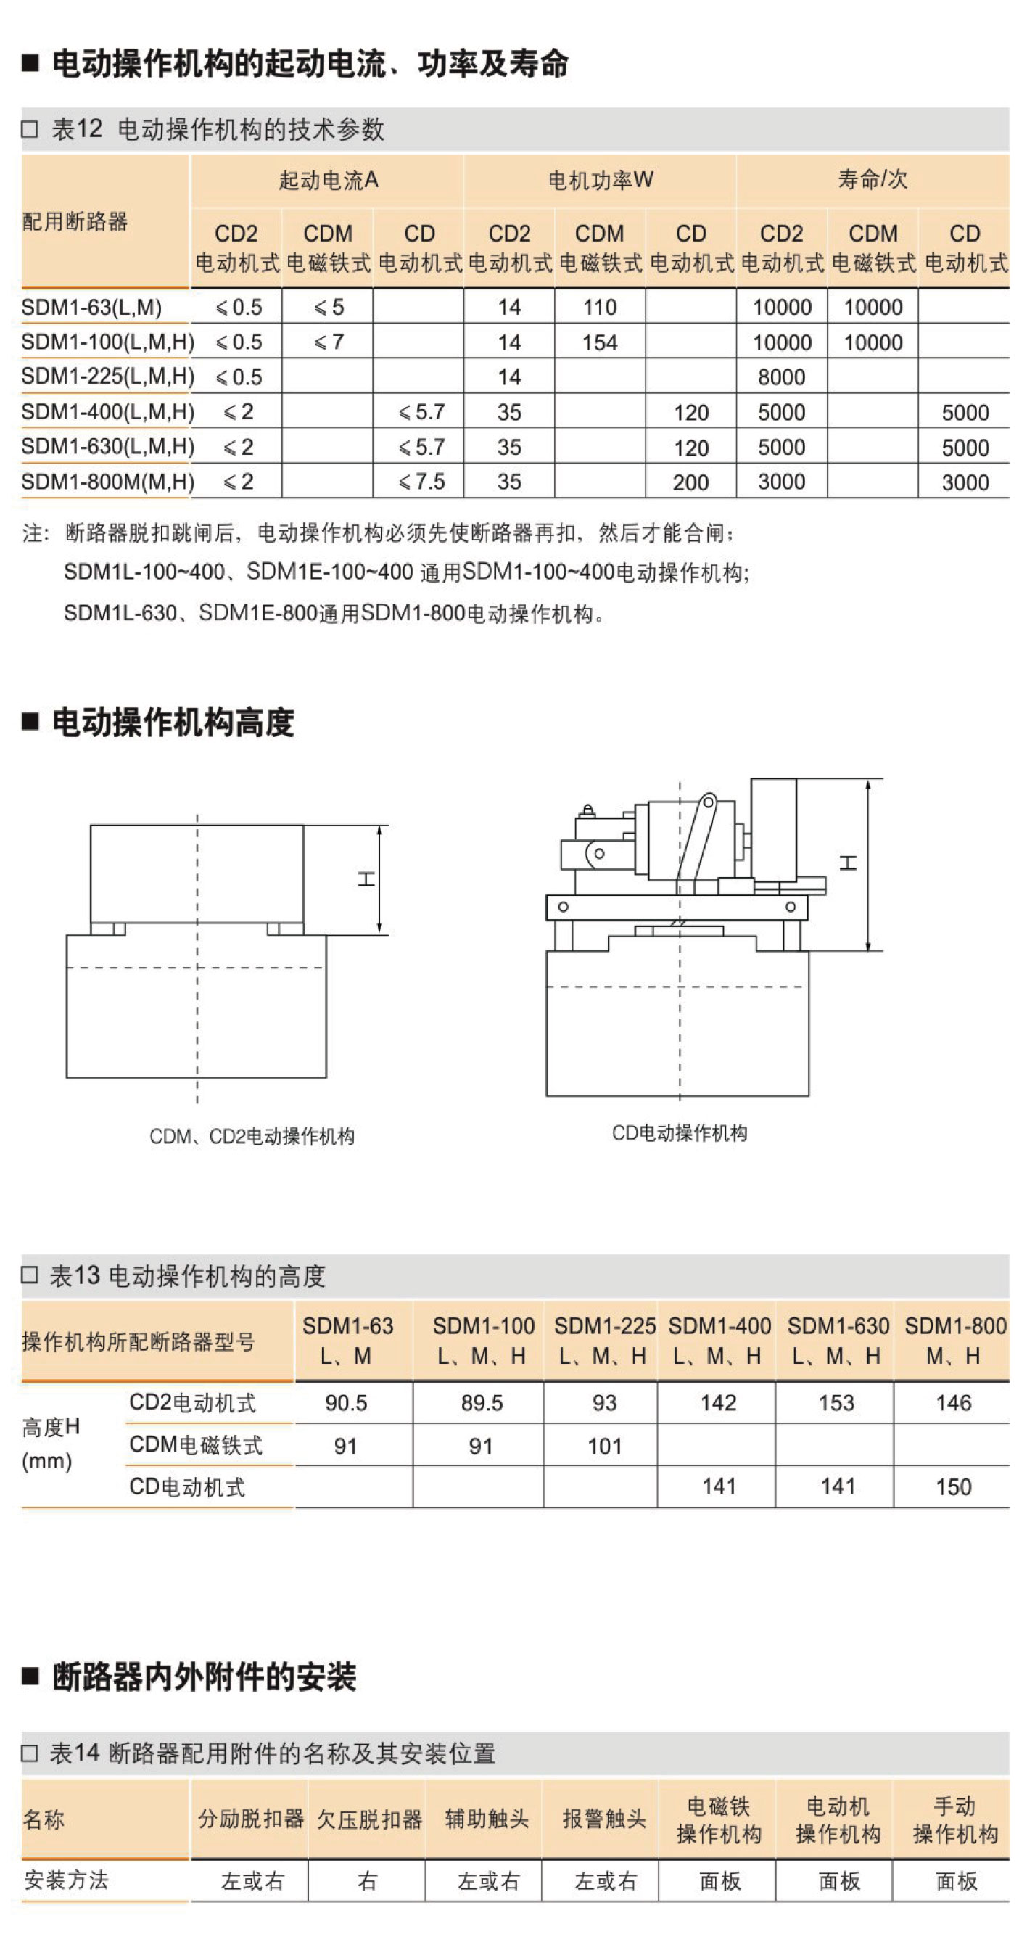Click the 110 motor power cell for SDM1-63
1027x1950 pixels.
(x=599, y=308)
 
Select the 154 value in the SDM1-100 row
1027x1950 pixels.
(x=599, y=343)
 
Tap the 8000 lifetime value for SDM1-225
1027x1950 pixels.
(x=781, y=377)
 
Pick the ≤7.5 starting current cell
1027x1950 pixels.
(x=421, y=482)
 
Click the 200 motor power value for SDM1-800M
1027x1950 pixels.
(x=690, y=482)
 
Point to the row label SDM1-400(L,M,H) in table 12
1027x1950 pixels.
(x=107, y=412)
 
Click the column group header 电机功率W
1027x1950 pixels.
(x=600, y=180)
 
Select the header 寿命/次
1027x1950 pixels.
(x=872, y=179)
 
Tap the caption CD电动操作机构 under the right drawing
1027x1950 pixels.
(x=679, y=1133)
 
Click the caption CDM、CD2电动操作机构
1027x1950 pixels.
(x=251, y=1136)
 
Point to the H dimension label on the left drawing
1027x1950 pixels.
(x=366, y=879)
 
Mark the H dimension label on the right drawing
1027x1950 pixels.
(x=849, y=863)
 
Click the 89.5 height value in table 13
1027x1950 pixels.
(x=482, y=1403)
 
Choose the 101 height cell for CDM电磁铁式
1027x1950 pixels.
(x=604, y=1446)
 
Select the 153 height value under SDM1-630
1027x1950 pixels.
(x=836, y=1403)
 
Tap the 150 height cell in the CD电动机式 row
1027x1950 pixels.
(x=953, y=1486)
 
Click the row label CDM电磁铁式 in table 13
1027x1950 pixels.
(x=195, y=1444)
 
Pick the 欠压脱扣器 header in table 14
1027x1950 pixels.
(x=368, y=1819)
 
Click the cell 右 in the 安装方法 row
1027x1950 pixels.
(x=367, y=1880)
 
